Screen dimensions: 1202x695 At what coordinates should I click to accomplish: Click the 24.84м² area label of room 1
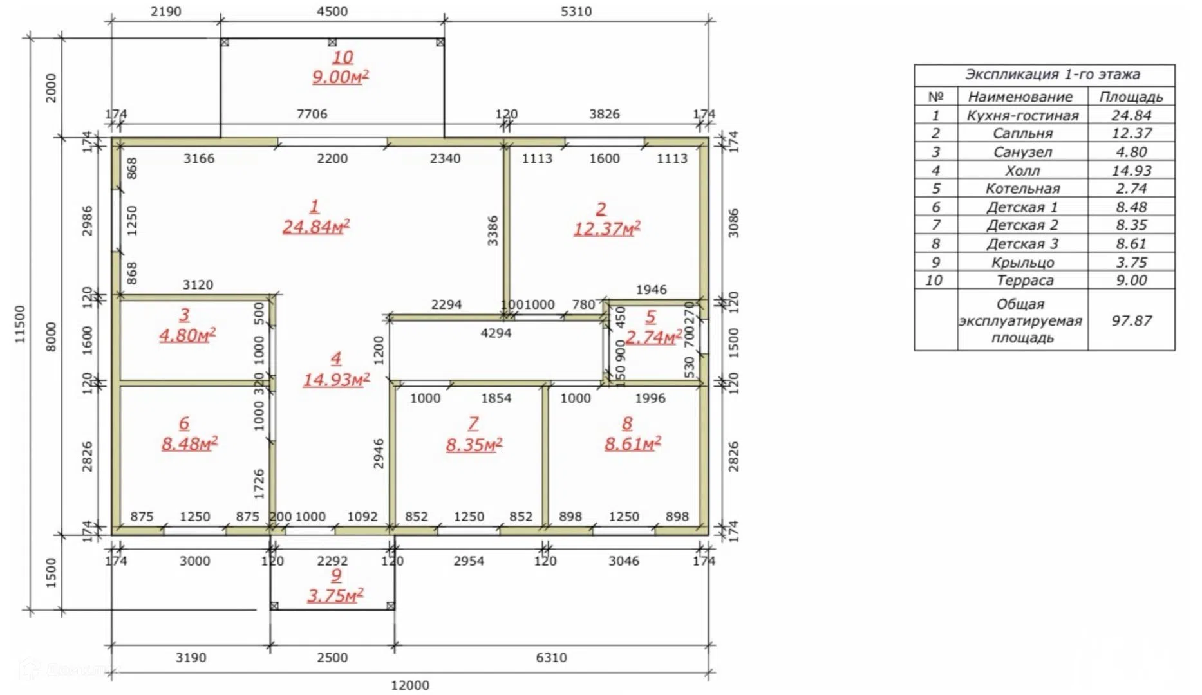point(315,227)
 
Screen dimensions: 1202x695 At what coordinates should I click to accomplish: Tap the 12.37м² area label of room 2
point(606,228)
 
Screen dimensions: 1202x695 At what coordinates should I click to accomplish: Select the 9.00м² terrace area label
point(340,77)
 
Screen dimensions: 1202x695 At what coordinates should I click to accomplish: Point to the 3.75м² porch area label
point(335,595)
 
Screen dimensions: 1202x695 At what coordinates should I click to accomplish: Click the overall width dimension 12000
point(410,685)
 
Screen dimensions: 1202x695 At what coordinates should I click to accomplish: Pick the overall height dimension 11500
point(20,324)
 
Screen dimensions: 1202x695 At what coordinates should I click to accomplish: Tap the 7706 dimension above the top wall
point(312,114)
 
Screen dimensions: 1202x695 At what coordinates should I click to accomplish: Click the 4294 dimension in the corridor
point(496,333)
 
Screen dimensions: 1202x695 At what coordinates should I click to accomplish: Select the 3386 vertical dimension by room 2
point(493,230)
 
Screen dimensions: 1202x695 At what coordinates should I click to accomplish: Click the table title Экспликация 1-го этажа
point(1052,74)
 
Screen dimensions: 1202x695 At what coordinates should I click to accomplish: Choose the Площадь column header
point(1131,97)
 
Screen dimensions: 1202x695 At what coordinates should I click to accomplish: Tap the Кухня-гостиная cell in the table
point(1022,115)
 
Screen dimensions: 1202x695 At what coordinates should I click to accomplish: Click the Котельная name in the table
point(1022,189)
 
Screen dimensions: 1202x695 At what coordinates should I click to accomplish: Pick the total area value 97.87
point(1131,320)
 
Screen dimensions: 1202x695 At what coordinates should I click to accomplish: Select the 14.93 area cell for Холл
point(1131,171)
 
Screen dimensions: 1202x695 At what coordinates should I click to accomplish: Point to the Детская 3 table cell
point(1022,244)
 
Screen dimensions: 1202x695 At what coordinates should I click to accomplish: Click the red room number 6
point(184,423)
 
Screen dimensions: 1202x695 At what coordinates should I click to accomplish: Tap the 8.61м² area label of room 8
point(632,443)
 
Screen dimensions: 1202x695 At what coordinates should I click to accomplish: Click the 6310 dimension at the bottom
point(551,658)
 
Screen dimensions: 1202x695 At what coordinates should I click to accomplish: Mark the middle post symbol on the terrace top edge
point(332,42)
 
